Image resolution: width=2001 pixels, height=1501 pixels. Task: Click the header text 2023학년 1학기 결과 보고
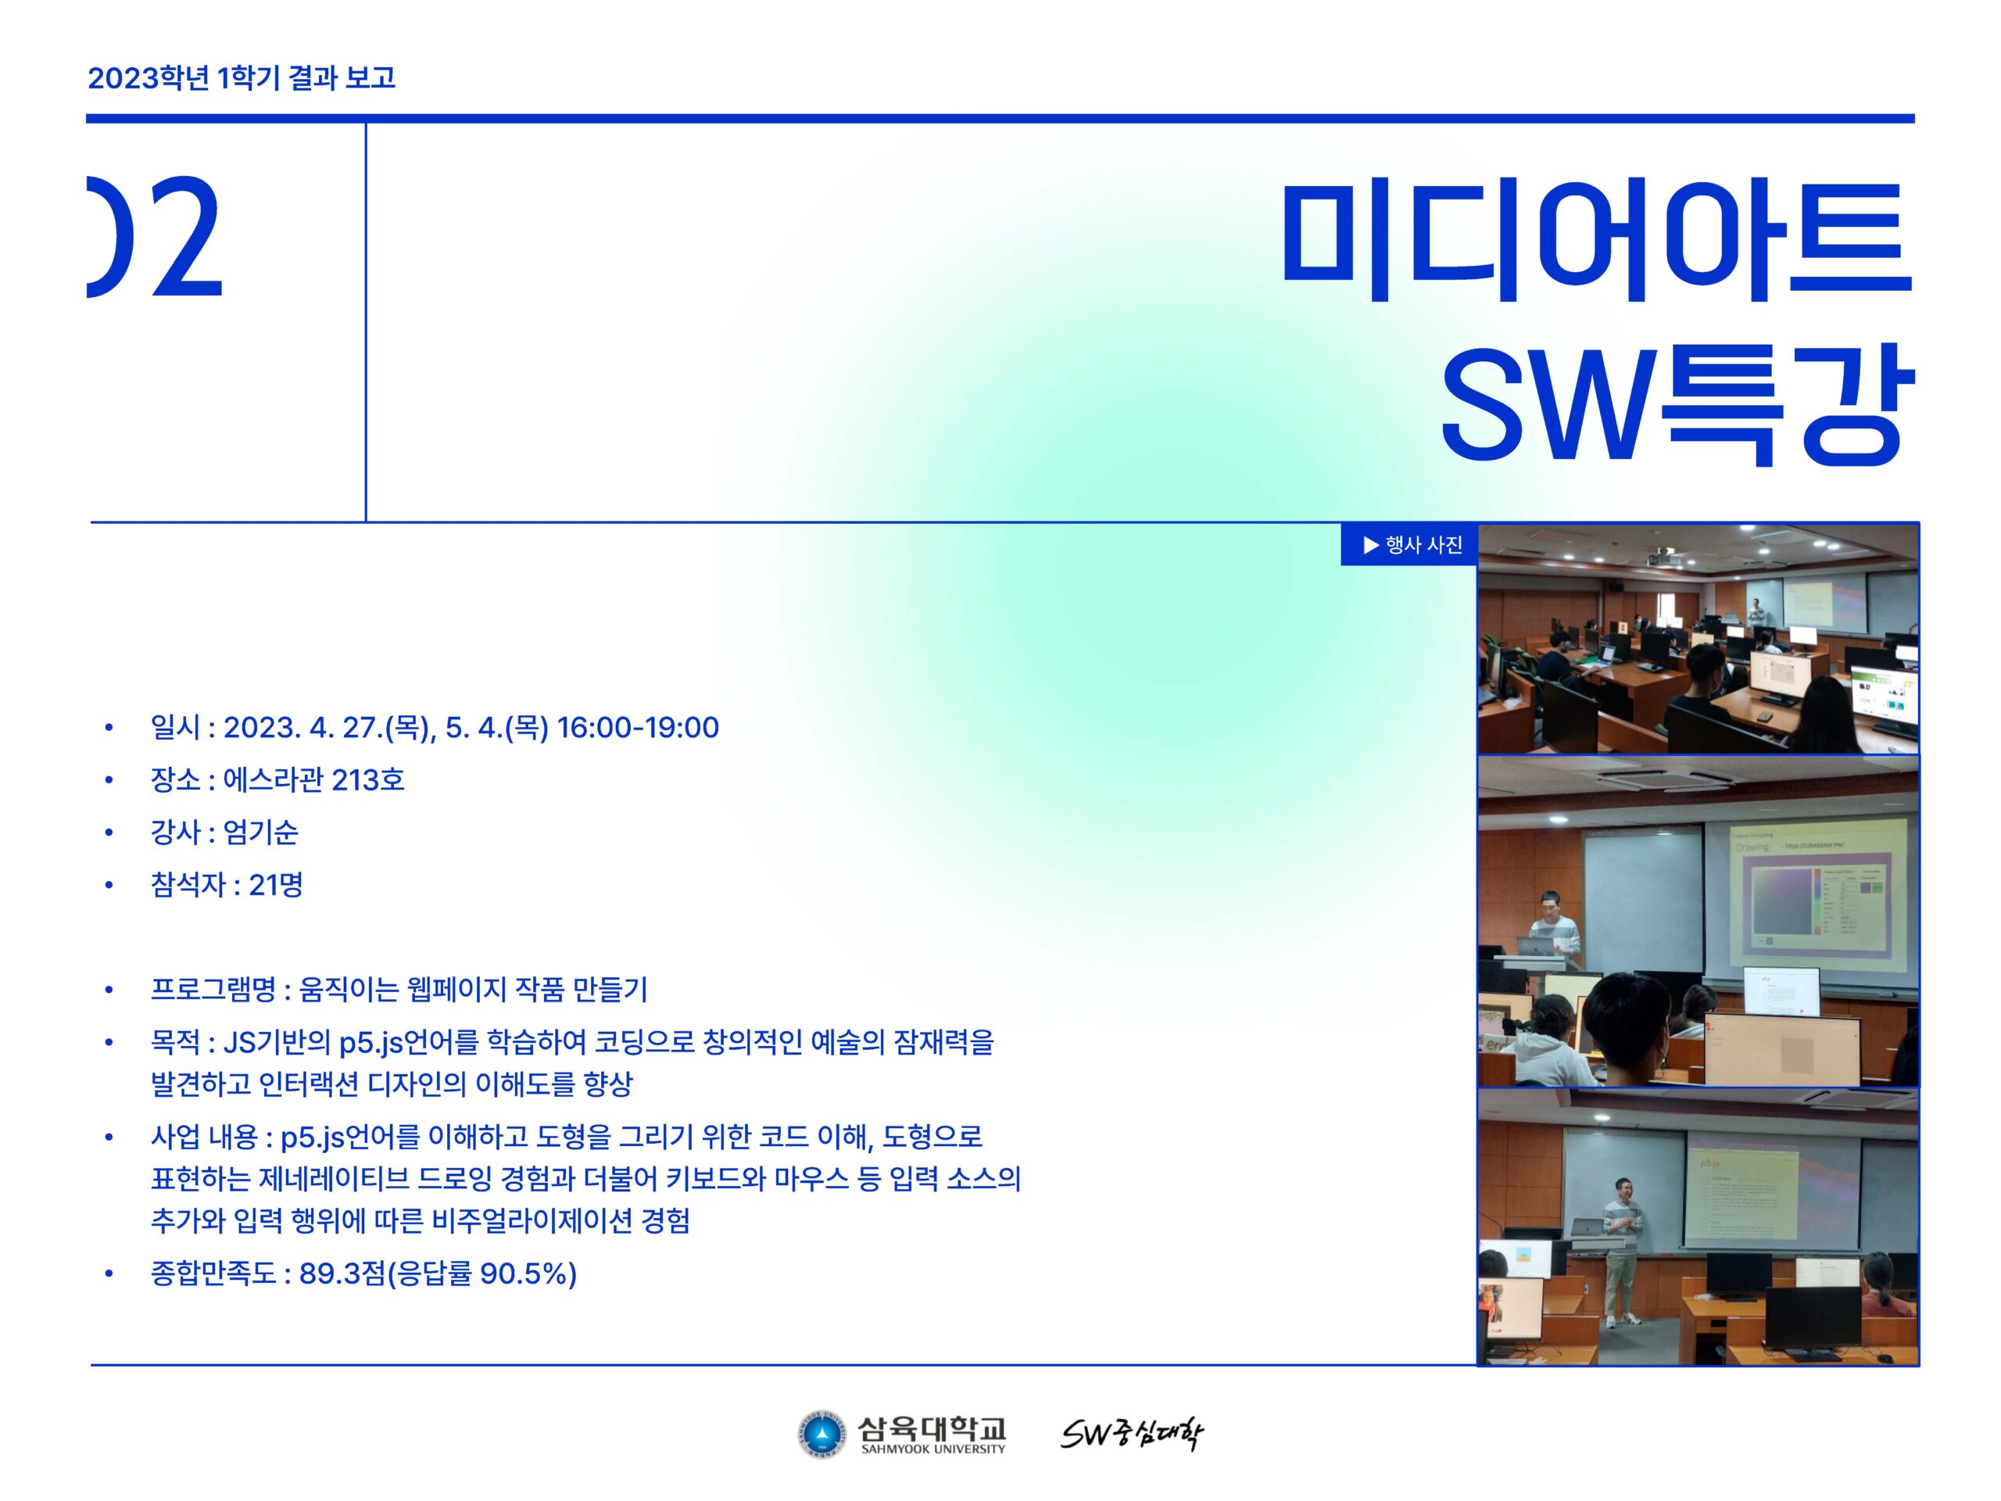(x=242, y=78)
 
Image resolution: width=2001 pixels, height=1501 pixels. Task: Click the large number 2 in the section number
(x=188, y=237)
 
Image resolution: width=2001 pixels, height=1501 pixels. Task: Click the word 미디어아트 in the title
(x=1598, y=241)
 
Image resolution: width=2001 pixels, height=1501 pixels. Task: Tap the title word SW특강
(x=1677, y=405)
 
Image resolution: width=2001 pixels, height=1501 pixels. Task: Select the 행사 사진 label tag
(x=1409, y=545)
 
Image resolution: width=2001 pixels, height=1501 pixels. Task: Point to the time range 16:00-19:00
(x=638, y=727)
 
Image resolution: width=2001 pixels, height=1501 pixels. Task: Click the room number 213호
(x=368, y=780)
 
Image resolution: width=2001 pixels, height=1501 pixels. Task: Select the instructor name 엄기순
(x=260, y=833)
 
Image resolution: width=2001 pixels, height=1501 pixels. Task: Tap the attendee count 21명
(x=276, y=885)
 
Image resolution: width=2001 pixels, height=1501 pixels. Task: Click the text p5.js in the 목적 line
(x=371, y=1043)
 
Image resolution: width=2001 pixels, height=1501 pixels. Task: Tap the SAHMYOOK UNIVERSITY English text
(x=932, y=1449)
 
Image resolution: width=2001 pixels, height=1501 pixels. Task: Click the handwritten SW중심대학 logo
(x=1132, y=1434)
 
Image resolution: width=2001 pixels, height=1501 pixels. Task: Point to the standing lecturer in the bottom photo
(x=1622, y=1253)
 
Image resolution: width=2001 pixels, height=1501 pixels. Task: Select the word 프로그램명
(x=213, y=990)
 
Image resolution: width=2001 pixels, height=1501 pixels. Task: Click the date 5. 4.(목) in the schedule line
(x=496, y=727)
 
